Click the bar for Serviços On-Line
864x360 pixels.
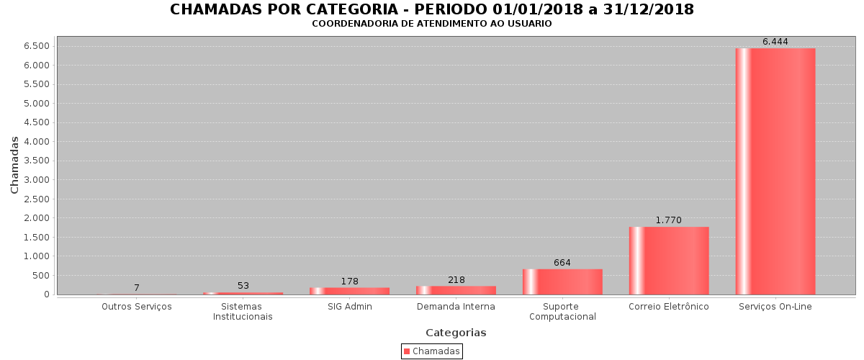(x=775, y=171)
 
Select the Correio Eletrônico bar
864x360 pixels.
(x=669, y=261)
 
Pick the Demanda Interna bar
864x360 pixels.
(x=456, y=290)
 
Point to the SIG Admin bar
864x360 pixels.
(x=349, y=291)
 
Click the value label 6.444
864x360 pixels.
(x=775, y=42)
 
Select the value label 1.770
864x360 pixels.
(x=668, y=220)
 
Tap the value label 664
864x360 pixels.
(x=562, y=263)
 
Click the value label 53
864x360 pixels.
(x=243, y=286)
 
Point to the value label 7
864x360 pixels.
(x=137, y=288)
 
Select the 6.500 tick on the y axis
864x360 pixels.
(x=36, y=46)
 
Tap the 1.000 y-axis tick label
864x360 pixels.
(x=36, y=256)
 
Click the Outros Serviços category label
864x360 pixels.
(x=137, y=307)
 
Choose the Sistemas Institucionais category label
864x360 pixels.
(x=243, y=312)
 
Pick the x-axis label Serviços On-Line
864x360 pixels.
(x=775, y=307)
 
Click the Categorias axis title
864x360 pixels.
(x=456, y=333)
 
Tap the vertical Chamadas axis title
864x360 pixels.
(x=15, y=165)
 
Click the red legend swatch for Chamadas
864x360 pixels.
(x=407, y=351)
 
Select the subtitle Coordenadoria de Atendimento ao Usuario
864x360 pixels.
(x=432, y=24)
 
